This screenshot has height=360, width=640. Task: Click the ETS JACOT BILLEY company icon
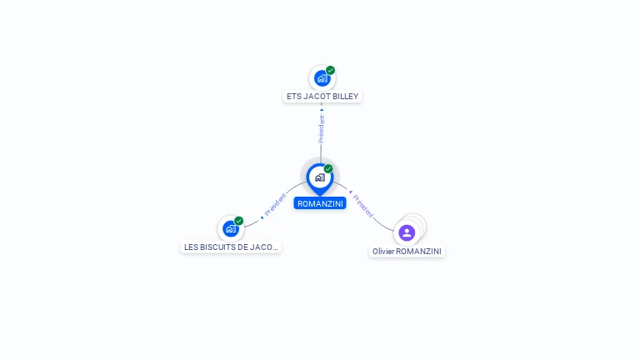coord(322,78)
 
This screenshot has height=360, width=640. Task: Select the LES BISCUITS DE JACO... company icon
coord(230,228)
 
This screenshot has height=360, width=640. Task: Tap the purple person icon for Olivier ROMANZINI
coord(407,232)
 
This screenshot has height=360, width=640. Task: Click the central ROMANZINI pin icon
coord(319,177)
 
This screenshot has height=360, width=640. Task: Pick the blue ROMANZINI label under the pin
coord(320,203)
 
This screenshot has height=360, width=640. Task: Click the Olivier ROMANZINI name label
coord(407,251)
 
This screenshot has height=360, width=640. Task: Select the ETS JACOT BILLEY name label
coord(322,97)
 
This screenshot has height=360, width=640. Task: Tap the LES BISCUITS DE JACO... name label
coord(231,247)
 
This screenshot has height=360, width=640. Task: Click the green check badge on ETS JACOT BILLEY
coord(331,71)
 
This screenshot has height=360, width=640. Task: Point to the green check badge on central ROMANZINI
coord(328,168)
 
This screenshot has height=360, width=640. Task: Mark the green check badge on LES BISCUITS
coord(239,221)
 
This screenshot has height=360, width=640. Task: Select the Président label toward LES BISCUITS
coord(276,206)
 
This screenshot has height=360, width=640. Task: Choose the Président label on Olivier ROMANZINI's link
coord(363,206)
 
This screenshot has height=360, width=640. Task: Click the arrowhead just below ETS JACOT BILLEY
coord(322,109)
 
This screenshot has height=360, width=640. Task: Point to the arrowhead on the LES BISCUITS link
coord(262,216)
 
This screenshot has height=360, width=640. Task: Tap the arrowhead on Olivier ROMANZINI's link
coord(351,192)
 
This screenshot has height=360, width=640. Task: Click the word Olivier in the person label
coord(383,251)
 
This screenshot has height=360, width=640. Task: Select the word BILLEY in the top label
coord(345,97)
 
